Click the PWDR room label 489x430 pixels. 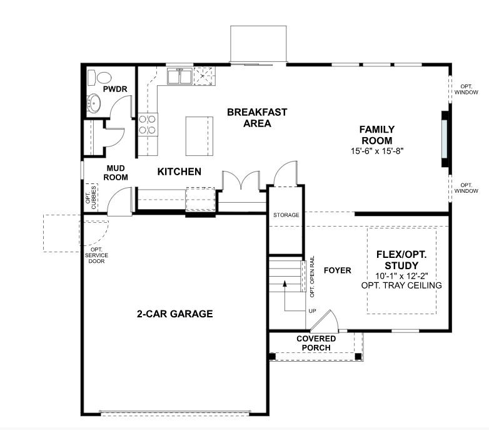click(x=115, y=90)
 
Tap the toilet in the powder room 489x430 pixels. click(x=101, y=77)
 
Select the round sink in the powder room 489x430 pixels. click(x=95, y=103)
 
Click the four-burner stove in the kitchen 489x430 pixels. click(x=148, y=124)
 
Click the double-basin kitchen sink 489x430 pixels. click(x=180, y=76)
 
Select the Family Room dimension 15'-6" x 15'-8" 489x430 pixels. click(x=376, y=151)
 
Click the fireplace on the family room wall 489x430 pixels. click(x=445, y=139)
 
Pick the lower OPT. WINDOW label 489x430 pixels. click(x=466, y=188)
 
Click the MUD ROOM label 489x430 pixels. click(x=117, y=173)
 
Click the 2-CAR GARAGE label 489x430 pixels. click(x=174, y=314)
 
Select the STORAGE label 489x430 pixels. click(x=286, y=215)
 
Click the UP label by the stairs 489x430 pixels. click(x=312, y=311)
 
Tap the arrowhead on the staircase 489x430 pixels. click(x=285, y=284)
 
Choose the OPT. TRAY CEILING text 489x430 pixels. click(x=401, y=285)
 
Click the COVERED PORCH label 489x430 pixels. click(x=316, y=343)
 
